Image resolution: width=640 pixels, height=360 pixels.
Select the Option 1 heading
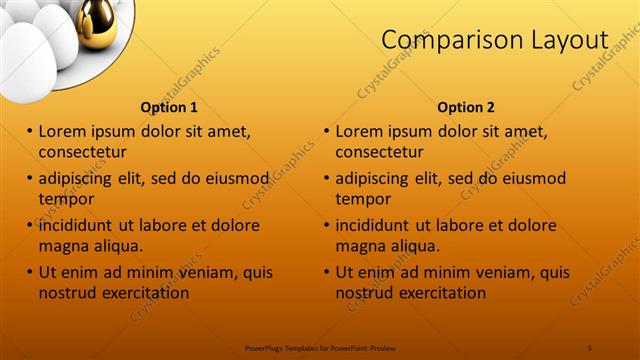[169, 107]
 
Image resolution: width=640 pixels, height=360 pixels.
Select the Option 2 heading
[466, 107]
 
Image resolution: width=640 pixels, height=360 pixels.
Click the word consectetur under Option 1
[82, 152]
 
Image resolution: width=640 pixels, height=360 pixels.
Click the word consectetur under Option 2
[379, 152]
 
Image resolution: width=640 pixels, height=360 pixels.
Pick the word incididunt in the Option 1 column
[83, 225]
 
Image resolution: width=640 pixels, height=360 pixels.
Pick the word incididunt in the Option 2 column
[380, 225]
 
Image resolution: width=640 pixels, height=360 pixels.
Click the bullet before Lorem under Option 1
[30, 131]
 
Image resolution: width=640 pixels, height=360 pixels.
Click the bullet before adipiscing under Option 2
[327, 178]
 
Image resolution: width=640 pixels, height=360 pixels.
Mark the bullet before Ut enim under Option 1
[30, 272]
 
